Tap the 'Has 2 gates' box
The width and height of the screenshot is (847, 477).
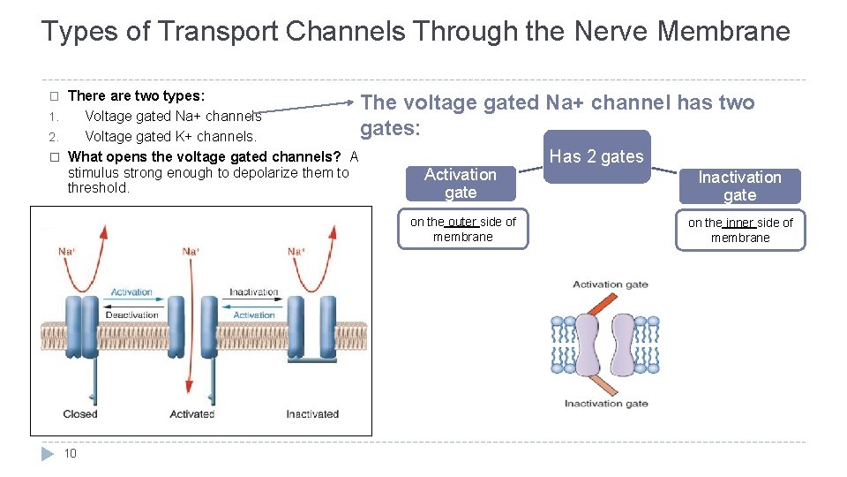click(596, 157)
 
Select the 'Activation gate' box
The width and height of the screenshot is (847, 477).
click(461, 183)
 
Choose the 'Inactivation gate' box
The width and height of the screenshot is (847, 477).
click(739, 186)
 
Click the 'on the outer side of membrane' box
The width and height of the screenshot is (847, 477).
click(463, 229)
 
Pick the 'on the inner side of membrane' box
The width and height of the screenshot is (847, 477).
click(740, 230)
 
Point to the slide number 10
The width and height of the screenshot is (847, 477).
click(71, 453)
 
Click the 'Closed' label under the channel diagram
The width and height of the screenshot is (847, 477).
click(80, 414)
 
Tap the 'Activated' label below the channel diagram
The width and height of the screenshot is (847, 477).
click(191, 414)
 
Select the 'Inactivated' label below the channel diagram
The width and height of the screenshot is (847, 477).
click(312, 414)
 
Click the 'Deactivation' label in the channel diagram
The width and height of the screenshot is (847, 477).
click(132, 315)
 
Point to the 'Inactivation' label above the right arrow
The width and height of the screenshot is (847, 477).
click(254, 292)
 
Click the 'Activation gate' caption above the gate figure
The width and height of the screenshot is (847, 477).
click(611, 284)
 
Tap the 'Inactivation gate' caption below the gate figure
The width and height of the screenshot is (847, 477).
click(606, 404)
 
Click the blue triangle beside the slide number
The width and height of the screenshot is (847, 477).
click(48, 453)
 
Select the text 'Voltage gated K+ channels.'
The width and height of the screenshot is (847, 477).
click(170, 137)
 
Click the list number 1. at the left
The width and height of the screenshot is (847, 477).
click(54, 117)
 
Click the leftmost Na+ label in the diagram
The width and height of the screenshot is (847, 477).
click(67, 252)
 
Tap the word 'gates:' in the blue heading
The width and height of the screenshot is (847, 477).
click(391, 129)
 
